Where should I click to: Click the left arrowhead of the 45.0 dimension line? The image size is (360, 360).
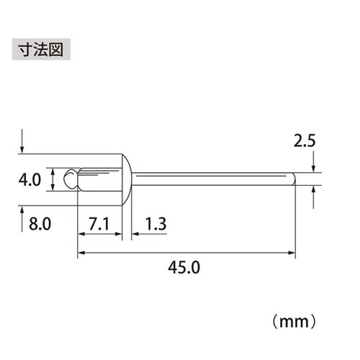click(79, 253)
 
